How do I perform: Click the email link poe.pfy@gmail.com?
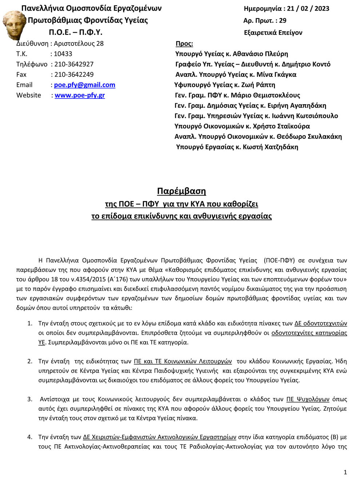pyautogui.click(x=84, y=85)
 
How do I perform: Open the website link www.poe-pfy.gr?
pyautogui.click(x=80, y=95)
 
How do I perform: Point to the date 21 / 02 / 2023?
pyautogui.click(x=308, y=9)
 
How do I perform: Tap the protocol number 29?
pyautogui.click(x=283, y=21)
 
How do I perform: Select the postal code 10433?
pyautogui.click(x=63, y=54)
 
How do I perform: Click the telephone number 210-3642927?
pyautogui.click(x=74, y=64)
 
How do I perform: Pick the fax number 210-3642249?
pyautogui.click(x=74, y=75)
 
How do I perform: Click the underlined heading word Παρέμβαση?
pyautogui.click(x=181, y=191)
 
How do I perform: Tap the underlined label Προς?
pyautogui.click(x=184, y=44)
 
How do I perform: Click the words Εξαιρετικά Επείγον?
pyautogui.click(x=273, y=33)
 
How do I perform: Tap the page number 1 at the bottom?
pyautogui.click(x=345, y=472)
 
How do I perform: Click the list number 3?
pyautogui.click(x=30, y=399)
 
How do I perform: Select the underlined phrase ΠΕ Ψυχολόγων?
pyautogui.click(x=308, y=399)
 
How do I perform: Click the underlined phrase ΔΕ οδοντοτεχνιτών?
pyautogui.click(x=320, y=324)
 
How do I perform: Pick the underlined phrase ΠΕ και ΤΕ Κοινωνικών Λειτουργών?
pyautogui.click(x=183, y=361)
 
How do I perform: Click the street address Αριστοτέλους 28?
pyautogui.click(x=79, y=44)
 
